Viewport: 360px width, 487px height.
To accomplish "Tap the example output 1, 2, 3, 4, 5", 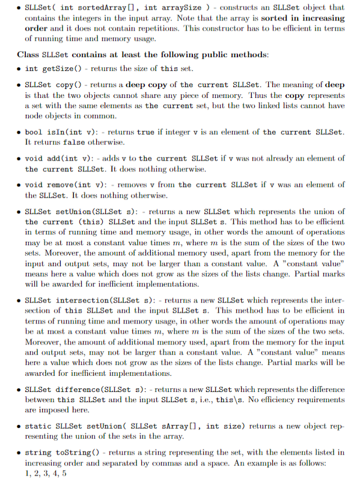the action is [x=46, y=472].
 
